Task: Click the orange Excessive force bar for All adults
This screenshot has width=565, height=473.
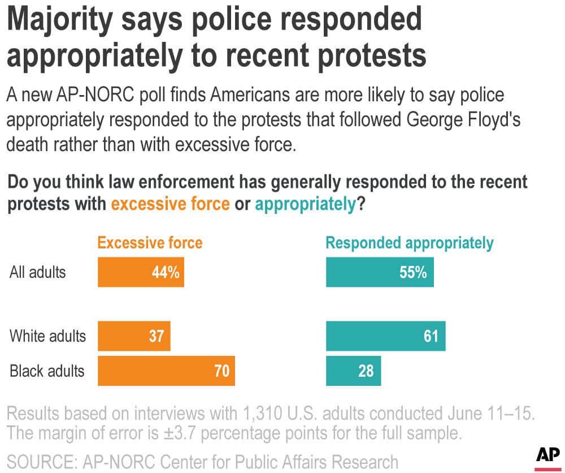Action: click(x=141, y=273)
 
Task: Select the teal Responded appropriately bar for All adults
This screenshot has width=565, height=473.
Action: click(x=380, y=273)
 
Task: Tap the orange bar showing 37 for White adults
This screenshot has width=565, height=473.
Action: click(x=134, y=336)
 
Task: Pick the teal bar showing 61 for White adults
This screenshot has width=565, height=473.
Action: click(x=385, y=336)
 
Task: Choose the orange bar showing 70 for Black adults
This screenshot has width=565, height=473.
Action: click(x=166, y=371)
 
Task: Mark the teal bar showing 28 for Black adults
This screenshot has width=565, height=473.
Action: click(x=353, y=371)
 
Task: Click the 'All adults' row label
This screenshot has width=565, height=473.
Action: click(x=38, y=272)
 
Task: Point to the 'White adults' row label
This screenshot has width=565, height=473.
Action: click(x=48, y=336)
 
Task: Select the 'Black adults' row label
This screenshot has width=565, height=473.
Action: click(x=47, y=371)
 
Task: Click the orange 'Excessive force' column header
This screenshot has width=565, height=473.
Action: click(x=150, y=243)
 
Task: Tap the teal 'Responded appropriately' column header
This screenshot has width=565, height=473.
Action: click(x=410, y=243)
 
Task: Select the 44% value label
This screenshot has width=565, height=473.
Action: click(x=166, y=273)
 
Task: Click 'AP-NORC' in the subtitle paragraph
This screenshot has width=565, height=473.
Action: click(x=84, y=96)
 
